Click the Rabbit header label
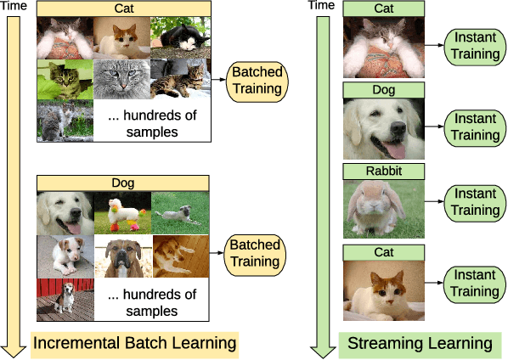(x=382, y=171)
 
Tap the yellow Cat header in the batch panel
(x=123, y=8)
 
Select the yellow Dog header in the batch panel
(x=123, y=182)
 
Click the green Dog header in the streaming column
(x=382, y=89)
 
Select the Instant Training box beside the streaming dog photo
(x=475, y=127)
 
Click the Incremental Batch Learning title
(x=134, y=343)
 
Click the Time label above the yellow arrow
(x=16, y=8)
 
